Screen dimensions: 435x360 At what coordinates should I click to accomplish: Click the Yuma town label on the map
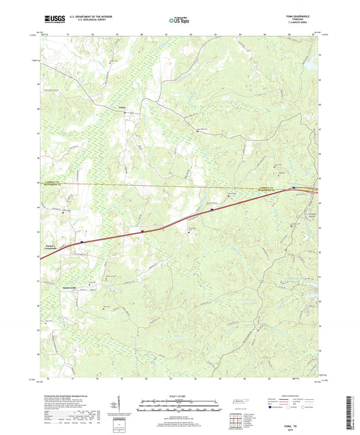[x=122, y=107]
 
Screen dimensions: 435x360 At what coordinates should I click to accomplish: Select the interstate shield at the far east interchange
[x=294, y=187]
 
